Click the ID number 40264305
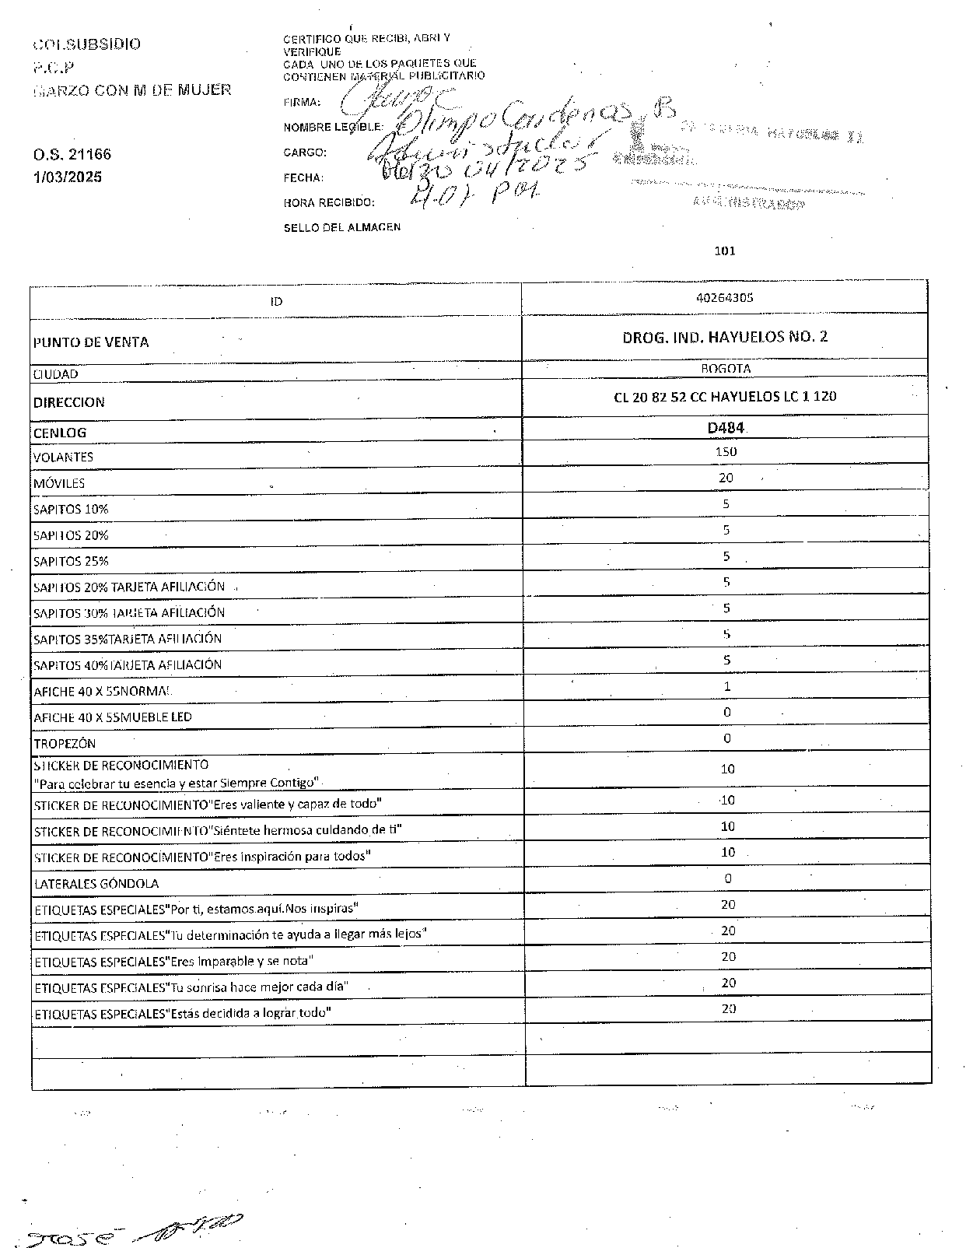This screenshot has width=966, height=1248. point(725,298)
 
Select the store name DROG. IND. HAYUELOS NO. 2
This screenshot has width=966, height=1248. point(725,338)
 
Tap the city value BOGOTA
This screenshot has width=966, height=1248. point(726,369)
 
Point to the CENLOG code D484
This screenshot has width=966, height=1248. point(726,427)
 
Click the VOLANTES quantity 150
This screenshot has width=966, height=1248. point(726,452)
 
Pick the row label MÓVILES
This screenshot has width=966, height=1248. point(59,483)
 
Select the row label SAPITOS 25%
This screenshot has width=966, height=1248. point(71,561)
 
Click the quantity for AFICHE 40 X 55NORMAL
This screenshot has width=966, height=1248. point(727,686)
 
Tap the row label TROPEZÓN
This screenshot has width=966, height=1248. point(65,743)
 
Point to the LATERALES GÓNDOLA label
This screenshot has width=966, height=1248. point(96,884)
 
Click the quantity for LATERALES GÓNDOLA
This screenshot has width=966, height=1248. point(728,878)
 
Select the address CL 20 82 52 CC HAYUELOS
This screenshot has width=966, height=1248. point(725,397)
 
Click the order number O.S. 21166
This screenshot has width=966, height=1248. point(72,155)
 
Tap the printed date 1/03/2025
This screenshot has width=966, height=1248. point(68,177)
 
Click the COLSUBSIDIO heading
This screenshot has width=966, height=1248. point(87,44)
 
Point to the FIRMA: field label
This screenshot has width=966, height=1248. point(302,102)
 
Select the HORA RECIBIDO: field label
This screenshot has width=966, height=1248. point(329,203)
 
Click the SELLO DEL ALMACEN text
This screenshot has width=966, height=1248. point(341,227)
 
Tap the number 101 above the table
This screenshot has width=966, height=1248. point(724,251)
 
